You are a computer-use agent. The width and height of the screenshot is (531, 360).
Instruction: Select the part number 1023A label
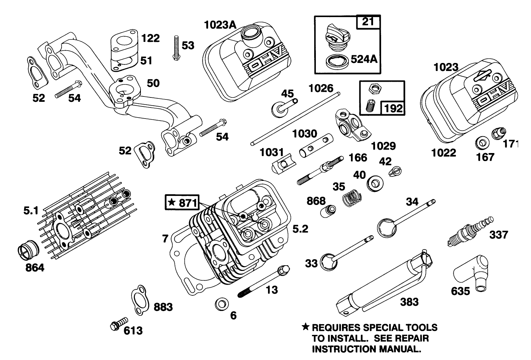[220, 25]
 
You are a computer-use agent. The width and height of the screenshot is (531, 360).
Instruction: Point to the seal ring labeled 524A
[336, 61]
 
